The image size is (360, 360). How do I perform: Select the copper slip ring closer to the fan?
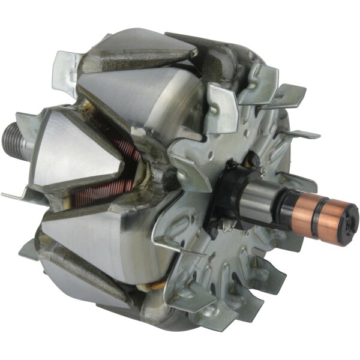318,207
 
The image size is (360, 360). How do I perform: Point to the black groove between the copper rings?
331,212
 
